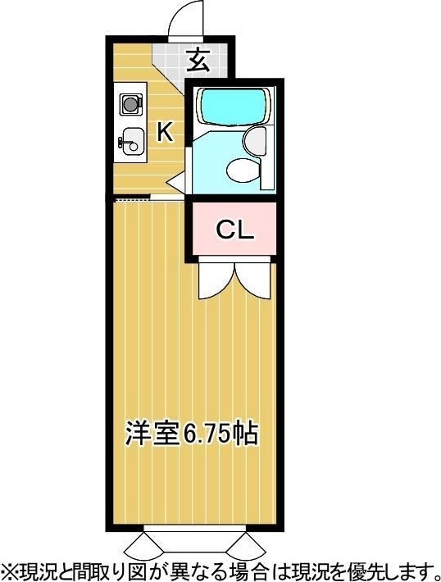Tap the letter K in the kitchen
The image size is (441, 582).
pyautogui.click(x=165, y=132)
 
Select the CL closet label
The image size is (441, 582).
pyautogui.click(x=235, y=230)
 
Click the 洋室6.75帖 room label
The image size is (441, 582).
pyautogui.click(x=191, y=433)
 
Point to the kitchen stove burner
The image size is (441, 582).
pyautogui.click(x=130, y=104)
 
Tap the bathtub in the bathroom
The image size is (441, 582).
pyautogui.click(x=233, y=106)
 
